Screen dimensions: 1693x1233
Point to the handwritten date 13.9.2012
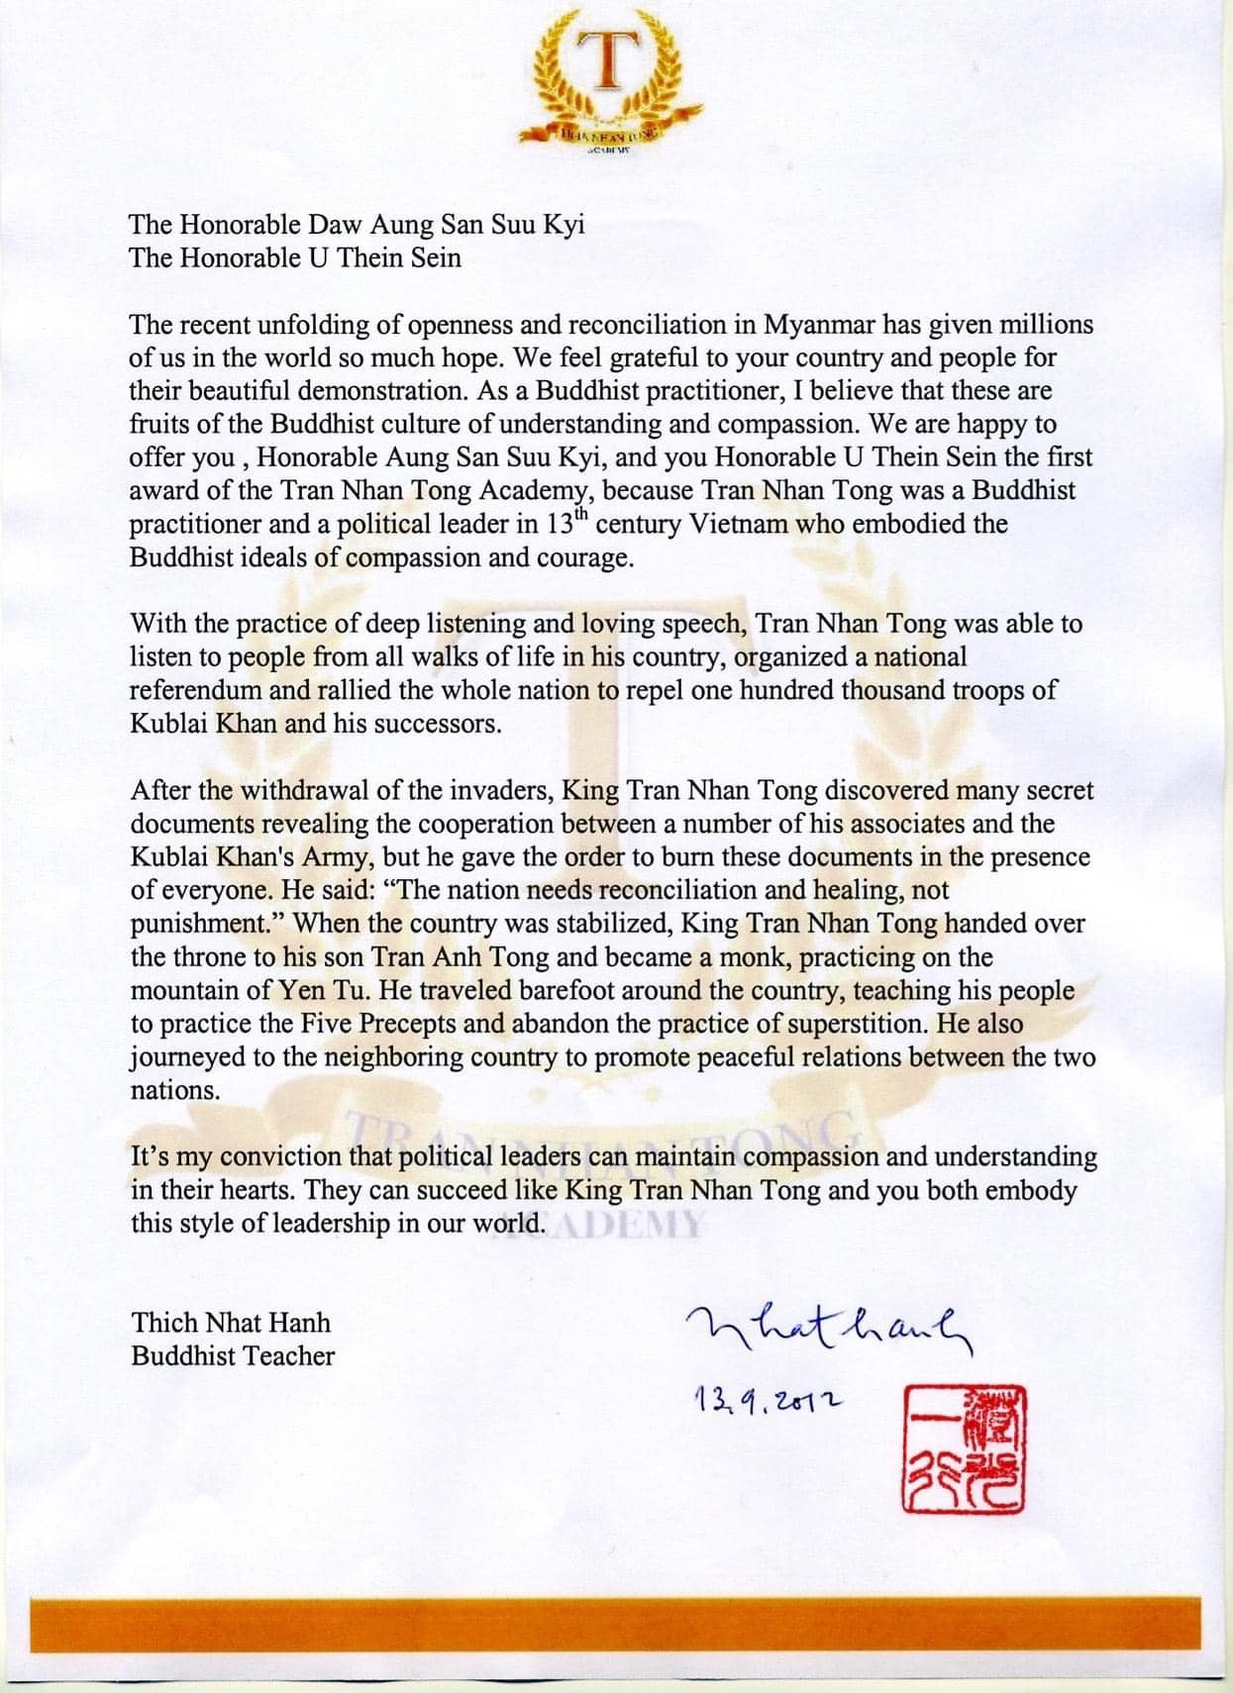768,1399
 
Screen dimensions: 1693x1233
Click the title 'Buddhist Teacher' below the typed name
233,1355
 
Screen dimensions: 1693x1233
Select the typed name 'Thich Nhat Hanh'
231,1323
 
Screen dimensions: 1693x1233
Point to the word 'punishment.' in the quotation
208,924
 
